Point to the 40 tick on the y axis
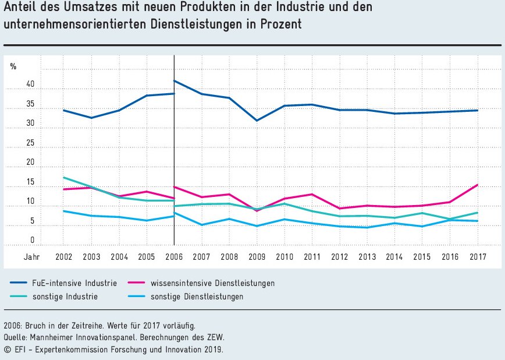click(x=30, y=85)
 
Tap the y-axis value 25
click(x=30, y=143)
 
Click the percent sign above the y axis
click(x=13, y=66)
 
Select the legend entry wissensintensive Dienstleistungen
click(x=212, y=283)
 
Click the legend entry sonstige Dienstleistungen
click(x=197, y=297)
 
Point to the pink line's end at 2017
click(x=477, y=185)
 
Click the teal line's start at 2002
click(x=63, y=178)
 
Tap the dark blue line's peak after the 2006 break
click(x=175, y=81)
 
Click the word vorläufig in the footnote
click(x=179, y=325)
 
